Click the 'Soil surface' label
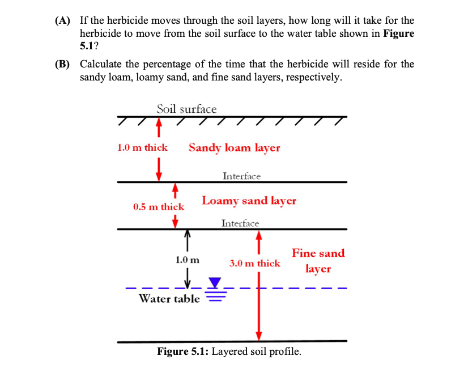[x=186, y=108]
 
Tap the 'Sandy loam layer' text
[x=234, y=147]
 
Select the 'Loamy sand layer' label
[x=249, y=201]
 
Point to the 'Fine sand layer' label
[x=318, y=261]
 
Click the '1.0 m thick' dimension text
[x=142, y=147]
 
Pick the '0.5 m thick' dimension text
[x=159, y=207]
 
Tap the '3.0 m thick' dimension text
[x=254, y=263]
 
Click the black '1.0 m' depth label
[x=188, y=260]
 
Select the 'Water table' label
[x=169, y=298]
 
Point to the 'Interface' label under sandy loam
[x=241, y=176]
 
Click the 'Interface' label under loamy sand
[x=240, y=223]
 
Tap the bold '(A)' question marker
[x=62, y=21]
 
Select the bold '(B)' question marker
[x=62, y=64]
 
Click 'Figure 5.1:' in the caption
[x=182, y=351]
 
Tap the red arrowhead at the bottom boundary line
[x=259, y=334]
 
